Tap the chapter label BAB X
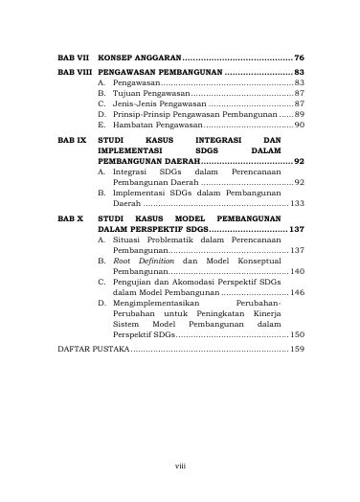coord(69,219)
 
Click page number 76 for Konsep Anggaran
coord(299,58)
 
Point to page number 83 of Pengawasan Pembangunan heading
coord(299,72)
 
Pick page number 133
coord(297,204)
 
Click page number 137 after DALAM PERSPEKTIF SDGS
coord(297,231)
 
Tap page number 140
coord(297,272)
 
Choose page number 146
coord(297,292)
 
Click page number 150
coord(297,334)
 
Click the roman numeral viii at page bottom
coord(179,466)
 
